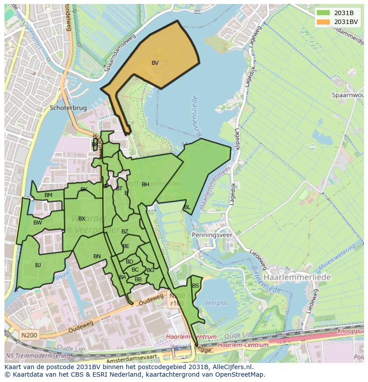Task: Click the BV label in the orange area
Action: point(155,63)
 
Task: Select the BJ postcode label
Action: point(38,265)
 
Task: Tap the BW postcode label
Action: point(37,223)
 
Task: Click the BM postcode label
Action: point(48,195)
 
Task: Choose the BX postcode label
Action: point(82,219)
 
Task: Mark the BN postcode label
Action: point(97,256)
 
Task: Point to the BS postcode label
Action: point(195,286)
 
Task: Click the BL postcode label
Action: point(187,207)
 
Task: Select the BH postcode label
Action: point(145,185)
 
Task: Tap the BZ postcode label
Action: point(125,232)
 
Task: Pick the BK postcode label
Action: point(84,189)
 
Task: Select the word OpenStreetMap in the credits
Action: point(242,374)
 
